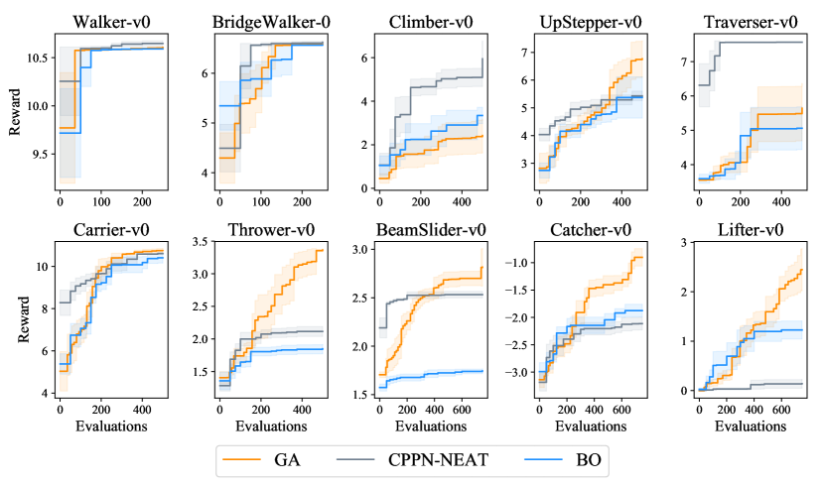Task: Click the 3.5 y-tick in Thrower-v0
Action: click(x=200, y=242)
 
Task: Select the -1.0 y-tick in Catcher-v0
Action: click(x=517, y=263)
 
